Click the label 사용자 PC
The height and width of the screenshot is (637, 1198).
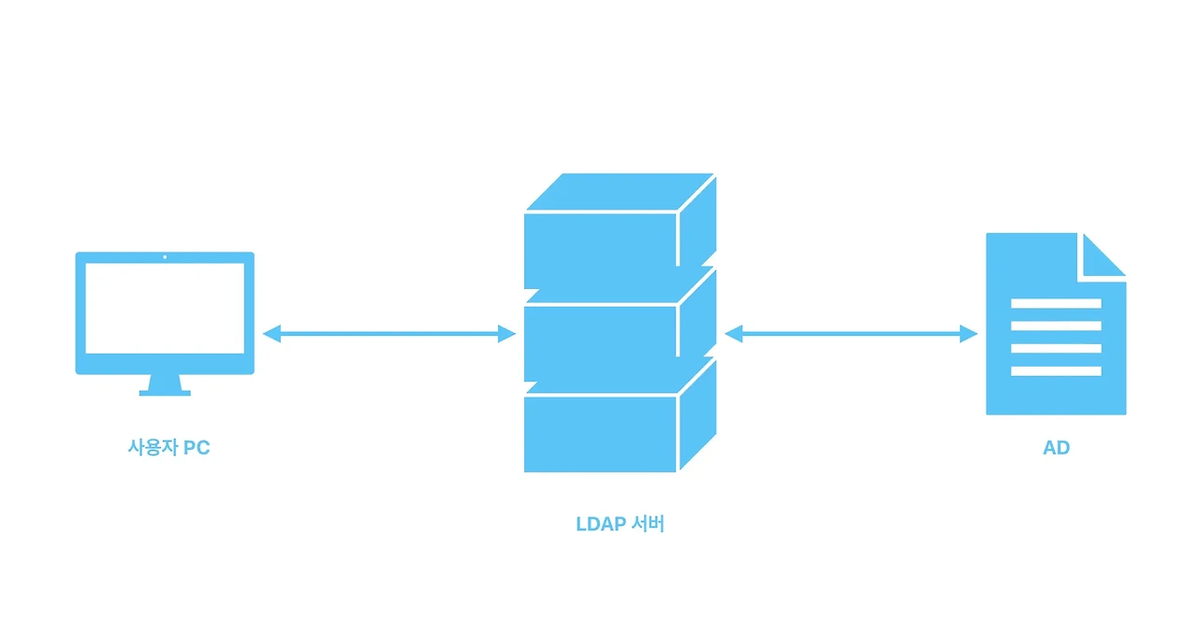pos(168,447)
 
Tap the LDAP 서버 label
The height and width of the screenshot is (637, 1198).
pos(620,524)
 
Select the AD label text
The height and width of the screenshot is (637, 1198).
pos(1056,447)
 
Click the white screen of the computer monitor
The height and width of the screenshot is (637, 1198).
pos(165,308)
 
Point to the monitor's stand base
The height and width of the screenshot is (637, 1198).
pos(165,392)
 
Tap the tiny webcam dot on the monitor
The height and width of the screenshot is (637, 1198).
pos(165,256)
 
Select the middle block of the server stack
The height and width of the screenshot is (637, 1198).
pos(600,341)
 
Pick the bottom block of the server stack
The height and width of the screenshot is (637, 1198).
pos(600,432)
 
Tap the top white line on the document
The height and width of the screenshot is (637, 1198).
pos(1056,303)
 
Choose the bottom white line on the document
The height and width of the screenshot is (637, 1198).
pos(1056,371)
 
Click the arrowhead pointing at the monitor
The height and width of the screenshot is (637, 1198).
pos(271,333)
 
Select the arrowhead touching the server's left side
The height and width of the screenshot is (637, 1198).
pos(507,333)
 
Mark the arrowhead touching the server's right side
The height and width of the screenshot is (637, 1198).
pos(733,333)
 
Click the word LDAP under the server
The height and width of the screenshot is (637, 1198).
pos(599,524)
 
